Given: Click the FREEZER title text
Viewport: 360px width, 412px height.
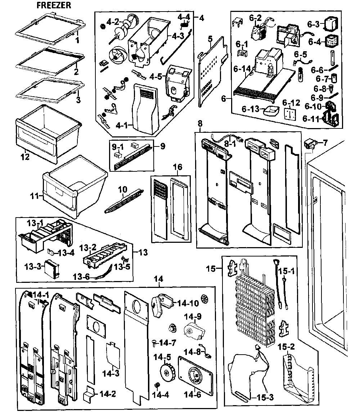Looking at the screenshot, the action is pyautogui.click(x=54, y=5).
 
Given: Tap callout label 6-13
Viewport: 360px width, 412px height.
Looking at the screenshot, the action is pyautogui.click(x=251, y=109).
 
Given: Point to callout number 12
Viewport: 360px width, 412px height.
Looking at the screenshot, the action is pyautogui.click(x=25, y=157).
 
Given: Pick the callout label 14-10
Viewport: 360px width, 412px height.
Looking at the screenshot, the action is pyautogui.click(x=188, y=303).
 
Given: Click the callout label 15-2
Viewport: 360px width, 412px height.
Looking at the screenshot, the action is pyautogui.click(x=286, y=347).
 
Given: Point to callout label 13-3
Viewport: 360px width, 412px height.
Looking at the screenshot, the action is pyautogui.click(x=33, y=267).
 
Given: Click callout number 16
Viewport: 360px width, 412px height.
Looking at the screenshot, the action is pyautogui.click(x=177, y=167).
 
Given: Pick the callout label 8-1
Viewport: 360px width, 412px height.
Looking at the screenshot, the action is pyautogui.click(x=230, y=144).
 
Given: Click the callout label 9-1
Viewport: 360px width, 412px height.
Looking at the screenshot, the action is pyautogui.click(x=118, y=146).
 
